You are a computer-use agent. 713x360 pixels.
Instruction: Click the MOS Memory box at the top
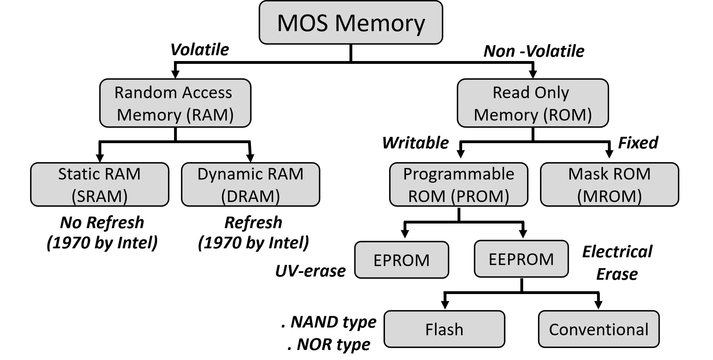[x=351, y=23]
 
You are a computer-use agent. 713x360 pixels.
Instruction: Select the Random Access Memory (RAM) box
[x=175, y=103]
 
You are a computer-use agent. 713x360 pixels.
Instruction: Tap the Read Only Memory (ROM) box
[x=532, y=103]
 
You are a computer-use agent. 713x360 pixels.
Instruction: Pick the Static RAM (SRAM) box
[x=100, y=185]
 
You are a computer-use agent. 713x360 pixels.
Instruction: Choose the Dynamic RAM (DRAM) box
[x=250, y=185]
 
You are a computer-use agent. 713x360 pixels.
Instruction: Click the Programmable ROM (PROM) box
[x=458, y=185]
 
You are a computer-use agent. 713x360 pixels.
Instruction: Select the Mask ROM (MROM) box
[x=609, y=185]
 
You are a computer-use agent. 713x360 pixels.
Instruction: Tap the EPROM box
[x=401, y=260]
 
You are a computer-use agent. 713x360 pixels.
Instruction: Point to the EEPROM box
[x=521, y=259]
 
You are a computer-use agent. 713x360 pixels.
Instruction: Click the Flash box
[x=444, y=329]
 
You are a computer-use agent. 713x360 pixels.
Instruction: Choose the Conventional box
[x=599, y=329]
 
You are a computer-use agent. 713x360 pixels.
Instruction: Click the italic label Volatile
[x=199, y=49]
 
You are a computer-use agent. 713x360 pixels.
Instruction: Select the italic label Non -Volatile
[x=534, y=51]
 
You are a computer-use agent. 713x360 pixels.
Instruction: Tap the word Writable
[x=415, y=143]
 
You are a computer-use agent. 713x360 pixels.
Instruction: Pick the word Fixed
[x=638, y=143]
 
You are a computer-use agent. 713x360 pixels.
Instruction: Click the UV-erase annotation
[x=310, y=271]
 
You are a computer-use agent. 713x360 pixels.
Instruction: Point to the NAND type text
[x=333, y=322]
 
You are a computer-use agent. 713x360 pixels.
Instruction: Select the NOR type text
[x=333, y=344]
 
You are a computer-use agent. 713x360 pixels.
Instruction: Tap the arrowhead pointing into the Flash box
[x=445, y=305]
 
